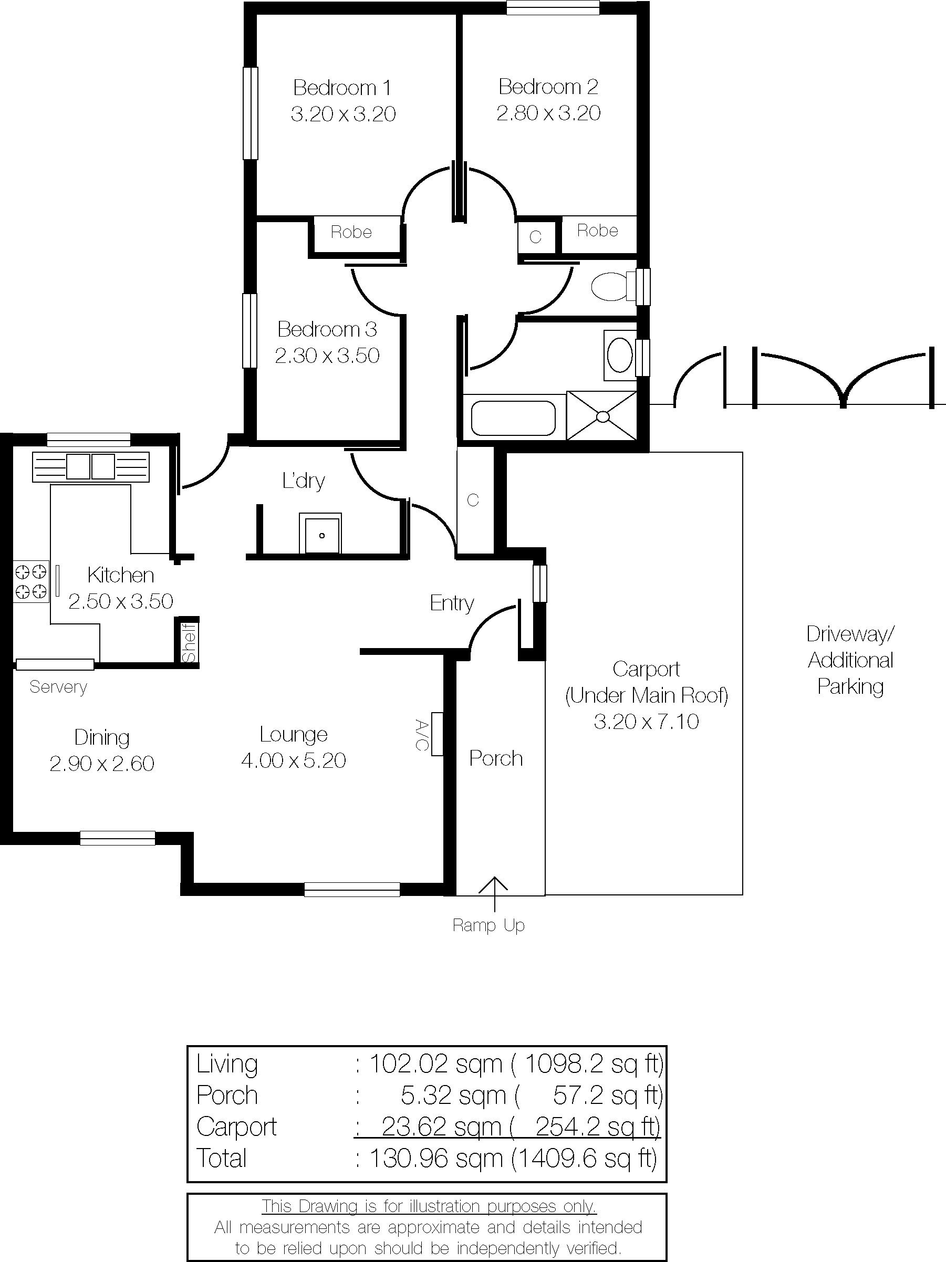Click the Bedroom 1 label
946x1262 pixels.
(x=342, y=88)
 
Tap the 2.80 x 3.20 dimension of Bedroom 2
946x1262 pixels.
(x=548, y=113)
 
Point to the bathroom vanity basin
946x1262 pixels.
(x=620, y=355)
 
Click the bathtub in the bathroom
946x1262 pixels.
(x=514, y=419)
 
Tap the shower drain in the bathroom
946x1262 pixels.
(x=602, y=416)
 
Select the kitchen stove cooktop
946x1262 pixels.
(x=31, y=580)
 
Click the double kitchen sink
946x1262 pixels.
(x=91, y=466)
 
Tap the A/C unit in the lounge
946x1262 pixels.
(x=437, y=734)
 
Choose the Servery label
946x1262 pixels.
(x=58, y=687)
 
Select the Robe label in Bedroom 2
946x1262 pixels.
(x=597, y=231)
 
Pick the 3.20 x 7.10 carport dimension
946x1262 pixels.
(x=647, y=722)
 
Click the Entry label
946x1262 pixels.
(x=452, y=603)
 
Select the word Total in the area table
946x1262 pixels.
(x=221, y=1158)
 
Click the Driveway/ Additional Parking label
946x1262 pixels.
(x=851, y=660)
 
